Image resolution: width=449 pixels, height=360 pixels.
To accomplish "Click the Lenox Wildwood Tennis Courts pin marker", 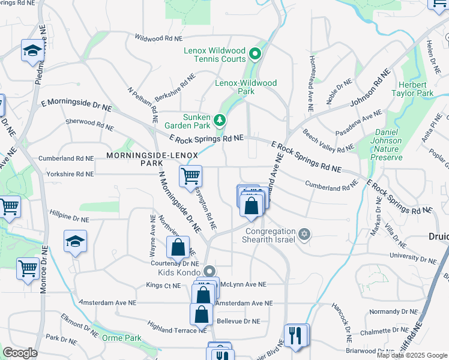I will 255,55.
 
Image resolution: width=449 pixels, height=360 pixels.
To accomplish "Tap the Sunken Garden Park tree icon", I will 220,121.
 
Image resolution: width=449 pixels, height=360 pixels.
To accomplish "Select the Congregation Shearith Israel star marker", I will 304,233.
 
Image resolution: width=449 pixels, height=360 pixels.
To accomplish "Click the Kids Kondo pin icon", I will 209,271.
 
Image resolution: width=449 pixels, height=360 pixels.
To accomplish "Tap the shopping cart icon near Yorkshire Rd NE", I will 190,176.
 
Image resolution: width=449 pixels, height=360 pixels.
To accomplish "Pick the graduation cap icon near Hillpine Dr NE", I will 75,242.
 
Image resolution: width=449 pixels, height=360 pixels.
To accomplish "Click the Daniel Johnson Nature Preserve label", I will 396,145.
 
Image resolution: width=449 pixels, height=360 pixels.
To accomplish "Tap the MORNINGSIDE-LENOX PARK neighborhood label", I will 143,159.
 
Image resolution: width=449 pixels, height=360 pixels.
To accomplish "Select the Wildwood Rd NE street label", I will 159,38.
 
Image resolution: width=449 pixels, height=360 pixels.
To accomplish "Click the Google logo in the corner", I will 20,352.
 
